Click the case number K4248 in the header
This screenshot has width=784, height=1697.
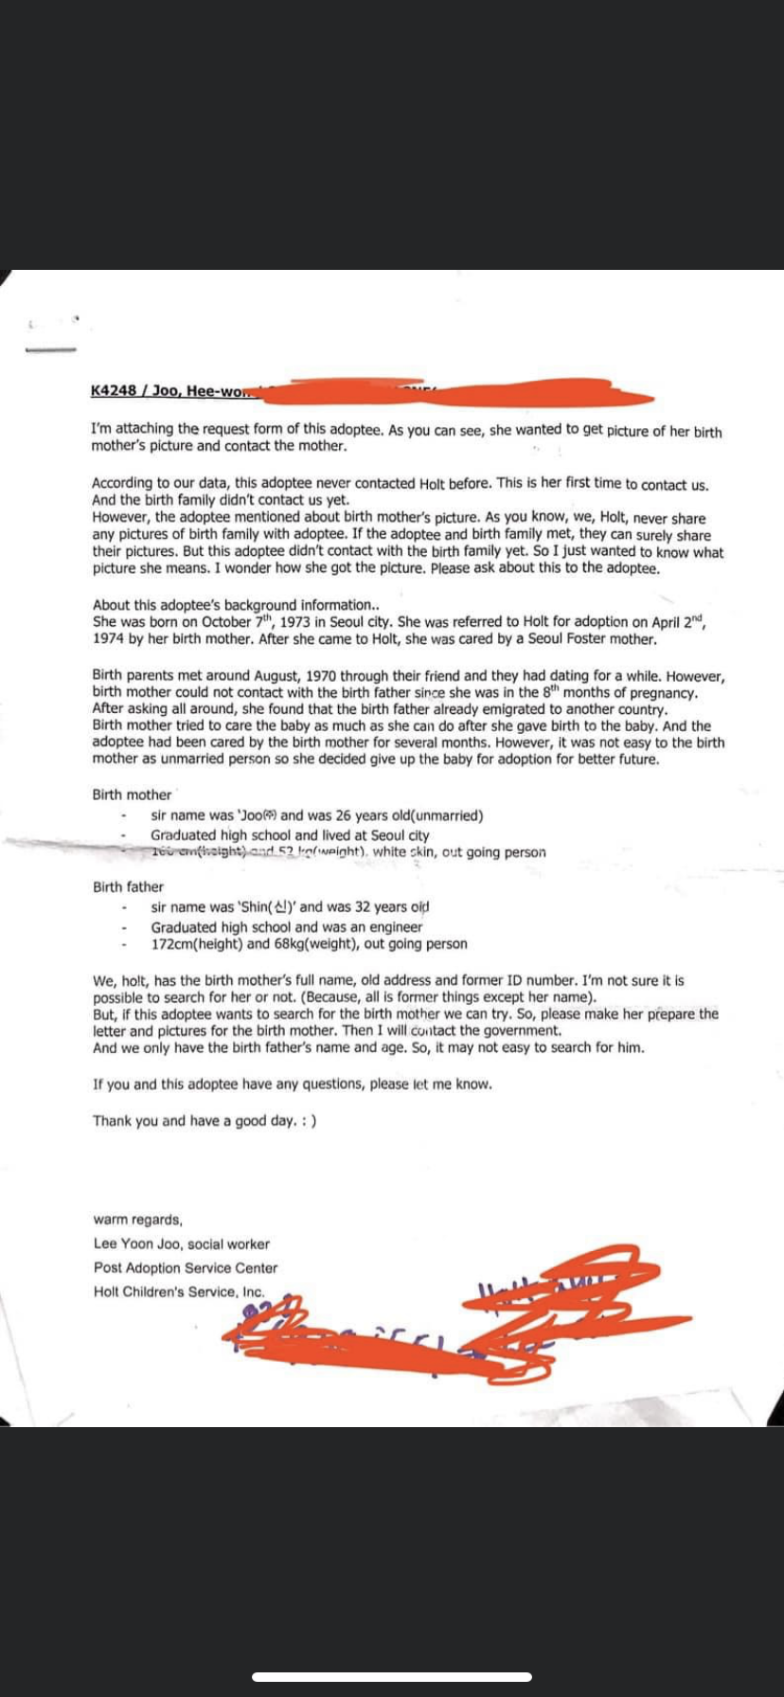pos(114,391)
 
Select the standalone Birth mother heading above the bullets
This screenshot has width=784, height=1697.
pos(132,795)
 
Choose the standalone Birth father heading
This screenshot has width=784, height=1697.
pos(128,886)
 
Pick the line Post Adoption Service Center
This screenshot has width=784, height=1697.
pos(186,1267)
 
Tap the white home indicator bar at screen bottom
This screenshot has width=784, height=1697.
pos(392,1676)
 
